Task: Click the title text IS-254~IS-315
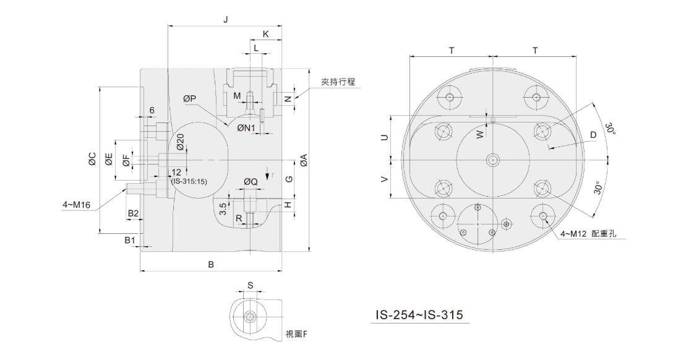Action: pyautogui.click(x=419, y=315)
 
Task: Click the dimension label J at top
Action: pyautogui.click(x=226, y=20)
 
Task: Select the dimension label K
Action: pyautogui.click(x=266, y=34)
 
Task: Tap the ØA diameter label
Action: pyautogui.click(x=304, y=160)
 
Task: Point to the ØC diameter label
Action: pyautogui.click(x=92, y=159)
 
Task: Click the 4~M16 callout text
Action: pyautogui.click(x=77, y=205)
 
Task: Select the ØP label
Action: pyautogui.click(x=190, y=99)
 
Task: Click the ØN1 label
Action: pyautogui.click(x=246, y=128)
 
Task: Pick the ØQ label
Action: pyautogui.click(x=251, y=182)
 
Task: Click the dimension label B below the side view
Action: pyautogui.click(x=212, y=265)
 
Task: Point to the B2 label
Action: pyautogui.click(x=133, y=213)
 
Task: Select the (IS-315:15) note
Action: pyautogui.click(x=189, y=181)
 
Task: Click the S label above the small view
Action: pyautogui.click(x=250, y=286)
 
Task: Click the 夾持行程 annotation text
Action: pyautogui.click(x=338, y=82)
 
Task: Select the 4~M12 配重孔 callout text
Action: pyautogui.click(x=588, y=233)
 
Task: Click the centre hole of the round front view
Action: pyautogui.click(x=493, y=160)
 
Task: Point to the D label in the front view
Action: pyautogui.click(x=593, y=135)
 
